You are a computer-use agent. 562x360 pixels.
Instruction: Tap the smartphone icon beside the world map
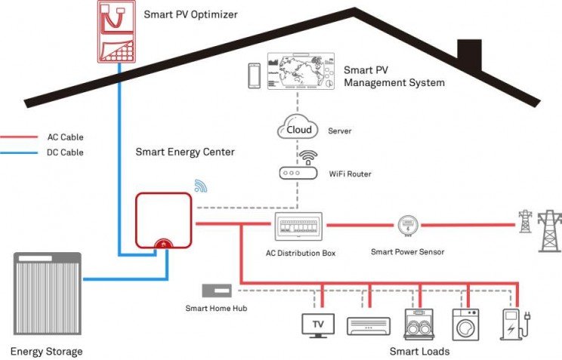pos(255,75)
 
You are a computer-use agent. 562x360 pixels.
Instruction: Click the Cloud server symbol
pos(299,129)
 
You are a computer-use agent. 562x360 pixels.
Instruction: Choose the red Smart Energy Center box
pos(163,220)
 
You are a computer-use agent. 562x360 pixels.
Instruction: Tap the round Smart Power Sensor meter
pos(407,225)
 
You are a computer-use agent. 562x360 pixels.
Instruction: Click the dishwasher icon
pos(417,323)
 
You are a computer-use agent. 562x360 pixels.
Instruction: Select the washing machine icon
pos(464,323)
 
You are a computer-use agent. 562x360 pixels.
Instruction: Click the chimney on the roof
pos(469,54)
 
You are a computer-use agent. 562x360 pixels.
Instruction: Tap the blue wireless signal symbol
pos(200,186)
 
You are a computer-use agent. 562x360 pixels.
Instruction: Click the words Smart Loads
pos(419,352)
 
